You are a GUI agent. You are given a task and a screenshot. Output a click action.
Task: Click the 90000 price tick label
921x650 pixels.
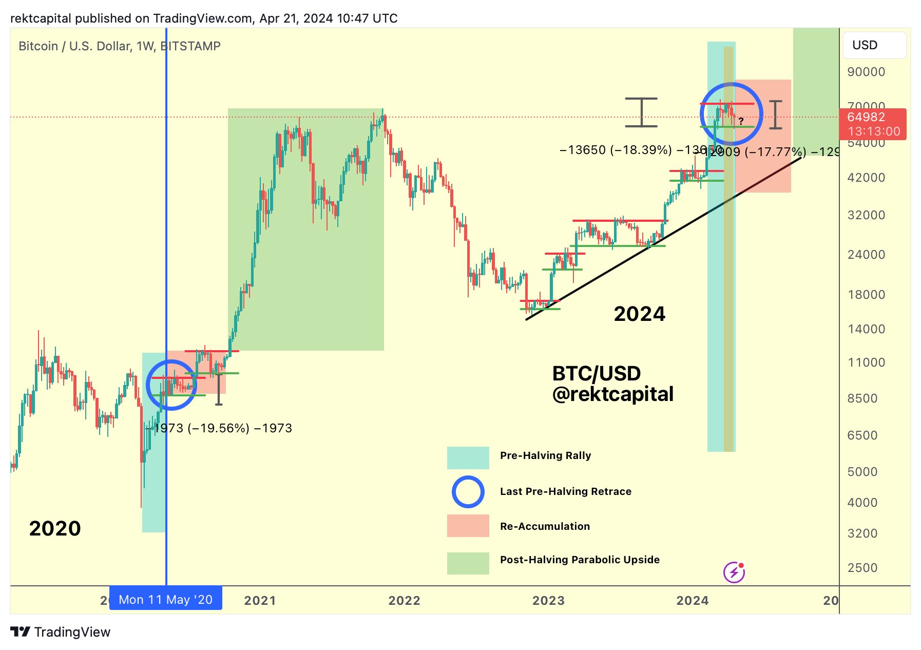[866, 72]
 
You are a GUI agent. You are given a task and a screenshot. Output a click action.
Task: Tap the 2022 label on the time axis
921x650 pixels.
[404, 600]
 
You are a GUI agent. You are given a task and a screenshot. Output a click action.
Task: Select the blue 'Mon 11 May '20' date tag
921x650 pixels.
[166, 599]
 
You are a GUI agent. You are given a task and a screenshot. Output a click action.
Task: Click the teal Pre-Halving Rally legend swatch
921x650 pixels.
[468, 457]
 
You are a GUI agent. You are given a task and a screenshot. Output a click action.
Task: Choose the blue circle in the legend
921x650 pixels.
[468, 492]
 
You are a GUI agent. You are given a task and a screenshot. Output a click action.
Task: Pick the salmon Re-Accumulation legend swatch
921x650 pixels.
[468, 526]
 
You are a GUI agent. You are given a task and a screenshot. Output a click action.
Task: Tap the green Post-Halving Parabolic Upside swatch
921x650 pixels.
[468, 563]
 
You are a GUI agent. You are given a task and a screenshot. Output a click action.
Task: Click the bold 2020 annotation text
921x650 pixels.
[55, 528]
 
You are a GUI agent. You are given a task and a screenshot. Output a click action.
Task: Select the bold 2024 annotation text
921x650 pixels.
[639, 314]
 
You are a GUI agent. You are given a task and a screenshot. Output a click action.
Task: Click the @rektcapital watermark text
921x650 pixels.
[612, 394]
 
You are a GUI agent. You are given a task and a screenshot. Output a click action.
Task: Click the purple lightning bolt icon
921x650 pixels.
[734, 572]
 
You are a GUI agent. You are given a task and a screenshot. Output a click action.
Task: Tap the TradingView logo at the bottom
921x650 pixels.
[61, 632]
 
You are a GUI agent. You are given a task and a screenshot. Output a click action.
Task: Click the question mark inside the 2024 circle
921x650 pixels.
[741, 122]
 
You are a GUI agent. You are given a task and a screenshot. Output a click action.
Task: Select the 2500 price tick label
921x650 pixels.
[862, 568]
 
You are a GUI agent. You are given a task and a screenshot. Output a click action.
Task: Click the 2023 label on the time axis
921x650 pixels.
[548, 600]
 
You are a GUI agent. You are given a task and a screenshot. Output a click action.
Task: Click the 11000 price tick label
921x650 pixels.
[866, 362]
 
